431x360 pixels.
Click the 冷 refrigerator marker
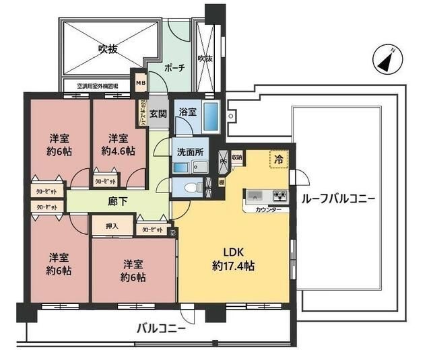(277, 159)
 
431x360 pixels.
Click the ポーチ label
(174, 69)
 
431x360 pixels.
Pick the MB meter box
(140, 83)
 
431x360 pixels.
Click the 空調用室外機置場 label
(98, 86)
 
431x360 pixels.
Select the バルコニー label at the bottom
(161, 329)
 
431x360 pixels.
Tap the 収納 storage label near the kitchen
(237, 157)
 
